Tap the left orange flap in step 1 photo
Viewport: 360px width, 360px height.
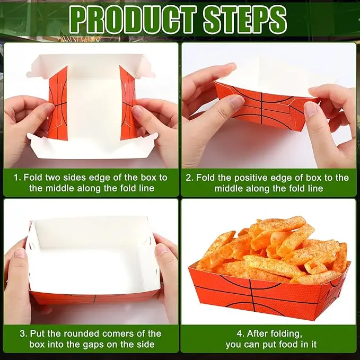pyautogui.click(x=58, y=103)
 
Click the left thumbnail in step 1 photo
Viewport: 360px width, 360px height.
pyautogui.click(x=48, y=108)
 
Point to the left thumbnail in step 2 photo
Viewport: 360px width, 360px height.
pyautogui.click(x=236, y=101)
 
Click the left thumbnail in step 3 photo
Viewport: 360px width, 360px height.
pyautogui.click(x=20, y=252)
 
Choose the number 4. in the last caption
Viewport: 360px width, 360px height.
pyautogui.click(x=240, y=333)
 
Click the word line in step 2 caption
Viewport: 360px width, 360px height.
pyautogui.click(x=315, y=189)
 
